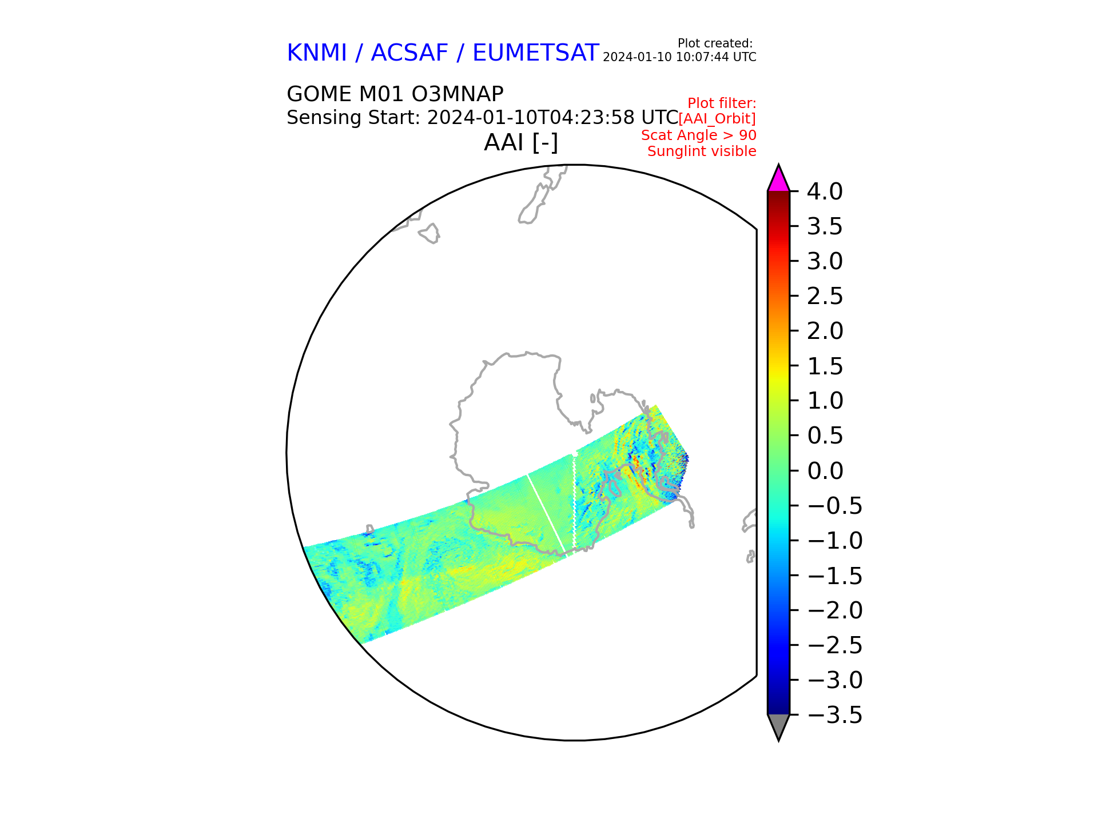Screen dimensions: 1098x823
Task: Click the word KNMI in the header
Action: [317, 53]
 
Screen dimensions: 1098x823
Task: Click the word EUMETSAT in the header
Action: [536, 53]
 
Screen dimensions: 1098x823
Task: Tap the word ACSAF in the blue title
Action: [409, 53]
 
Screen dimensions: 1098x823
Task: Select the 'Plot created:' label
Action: [715, 43]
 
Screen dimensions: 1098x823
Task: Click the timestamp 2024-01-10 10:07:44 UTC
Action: [679, 57]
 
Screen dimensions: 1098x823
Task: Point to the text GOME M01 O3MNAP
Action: [395, 94]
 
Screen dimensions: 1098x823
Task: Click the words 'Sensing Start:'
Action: [353, 117]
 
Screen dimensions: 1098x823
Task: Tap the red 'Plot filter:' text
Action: [722, 103]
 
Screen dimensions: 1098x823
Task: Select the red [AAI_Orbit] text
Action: [717, 119]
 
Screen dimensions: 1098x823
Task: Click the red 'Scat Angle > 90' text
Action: [699, 135]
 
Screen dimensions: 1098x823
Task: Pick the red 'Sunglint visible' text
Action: [702, 151]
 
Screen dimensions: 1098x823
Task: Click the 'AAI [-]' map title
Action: [521, 142]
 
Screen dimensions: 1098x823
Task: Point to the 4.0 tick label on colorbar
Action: [825, 191]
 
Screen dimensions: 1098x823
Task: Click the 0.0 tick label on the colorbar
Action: [825, 471]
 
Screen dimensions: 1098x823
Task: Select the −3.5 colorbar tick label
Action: [834, 715]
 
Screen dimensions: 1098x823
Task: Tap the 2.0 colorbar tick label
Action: [825, 331]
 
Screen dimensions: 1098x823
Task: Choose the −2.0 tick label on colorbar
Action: [834, 610]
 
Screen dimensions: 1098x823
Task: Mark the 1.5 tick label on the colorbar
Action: [825, 366]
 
